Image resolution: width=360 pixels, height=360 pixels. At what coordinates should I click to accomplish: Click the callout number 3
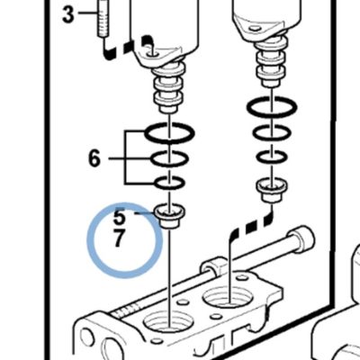point(68,15)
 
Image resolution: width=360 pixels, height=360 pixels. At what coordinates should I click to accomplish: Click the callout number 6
point(94,158)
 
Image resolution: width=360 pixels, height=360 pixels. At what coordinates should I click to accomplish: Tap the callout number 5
point(119,216)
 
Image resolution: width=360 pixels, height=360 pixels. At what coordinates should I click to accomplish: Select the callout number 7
point(119,238)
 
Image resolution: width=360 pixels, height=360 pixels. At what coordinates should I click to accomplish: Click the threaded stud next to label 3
point(102,19)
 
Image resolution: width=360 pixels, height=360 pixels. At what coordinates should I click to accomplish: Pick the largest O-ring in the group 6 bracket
point(170,139)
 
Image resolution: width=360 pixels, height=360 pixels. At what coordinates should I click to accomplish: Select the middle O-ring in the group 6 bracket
point(169,166)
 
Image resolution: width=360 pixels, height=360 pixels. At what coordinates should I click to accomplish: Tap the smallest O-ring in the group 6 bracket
point(169,189)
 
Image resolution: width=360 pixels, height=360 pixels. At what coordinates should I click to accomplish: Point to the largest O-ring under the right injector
point(272,114)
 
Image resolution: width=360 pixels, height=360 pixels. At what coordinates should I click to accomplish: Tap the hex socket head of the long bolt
point(301,238)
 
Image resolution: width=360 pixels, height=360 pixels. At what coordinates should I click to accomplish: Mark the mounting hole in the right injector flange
point(256,29)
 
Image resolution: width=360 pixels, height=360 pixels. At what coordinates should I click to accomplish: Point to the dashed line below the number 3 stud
point(125,48)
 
